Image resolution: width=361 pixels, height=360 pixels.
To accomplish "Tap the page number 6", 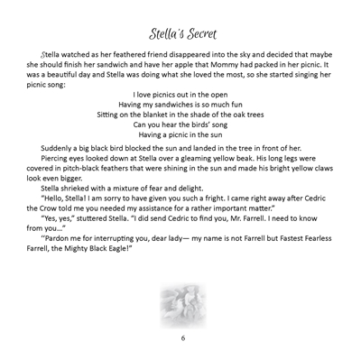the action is [x=181, y=337].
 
